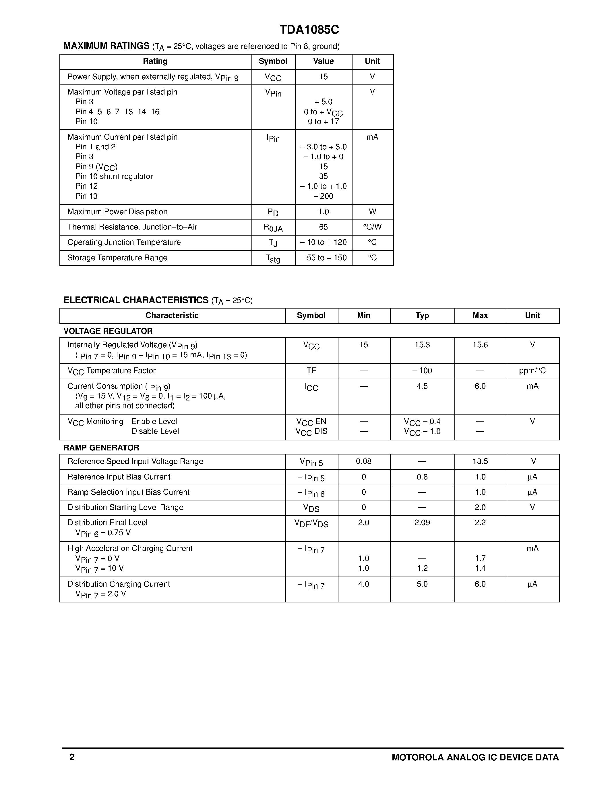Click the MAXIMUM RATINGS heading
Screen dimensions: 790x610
pos(106,46)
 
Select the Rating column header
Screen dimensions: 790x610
pos(155,61)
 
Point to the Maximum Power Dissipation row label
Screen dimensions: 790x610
pos(117,212)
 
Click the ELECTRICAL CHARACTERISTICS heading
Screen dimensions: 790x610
pos(136,300)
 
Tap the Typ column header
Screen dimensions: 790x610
pos(422,315)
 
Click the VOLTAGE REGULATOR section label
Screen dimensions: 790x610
pos(108,331)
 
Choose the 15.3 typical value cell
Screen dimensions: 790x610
pos(422,345)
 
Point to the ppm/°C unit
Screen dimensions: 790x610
pos(532,371)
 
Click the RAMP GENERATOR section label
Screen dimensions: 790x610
pos(101,448)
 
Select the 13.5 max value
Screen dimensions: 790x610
pos(480,461)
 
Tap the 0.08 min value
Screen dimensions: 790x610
pos(363,461)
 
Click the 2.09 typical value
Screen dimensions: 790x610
pos(422,522)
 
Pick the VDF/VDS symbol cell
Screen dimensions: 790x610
pos(311,523)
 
